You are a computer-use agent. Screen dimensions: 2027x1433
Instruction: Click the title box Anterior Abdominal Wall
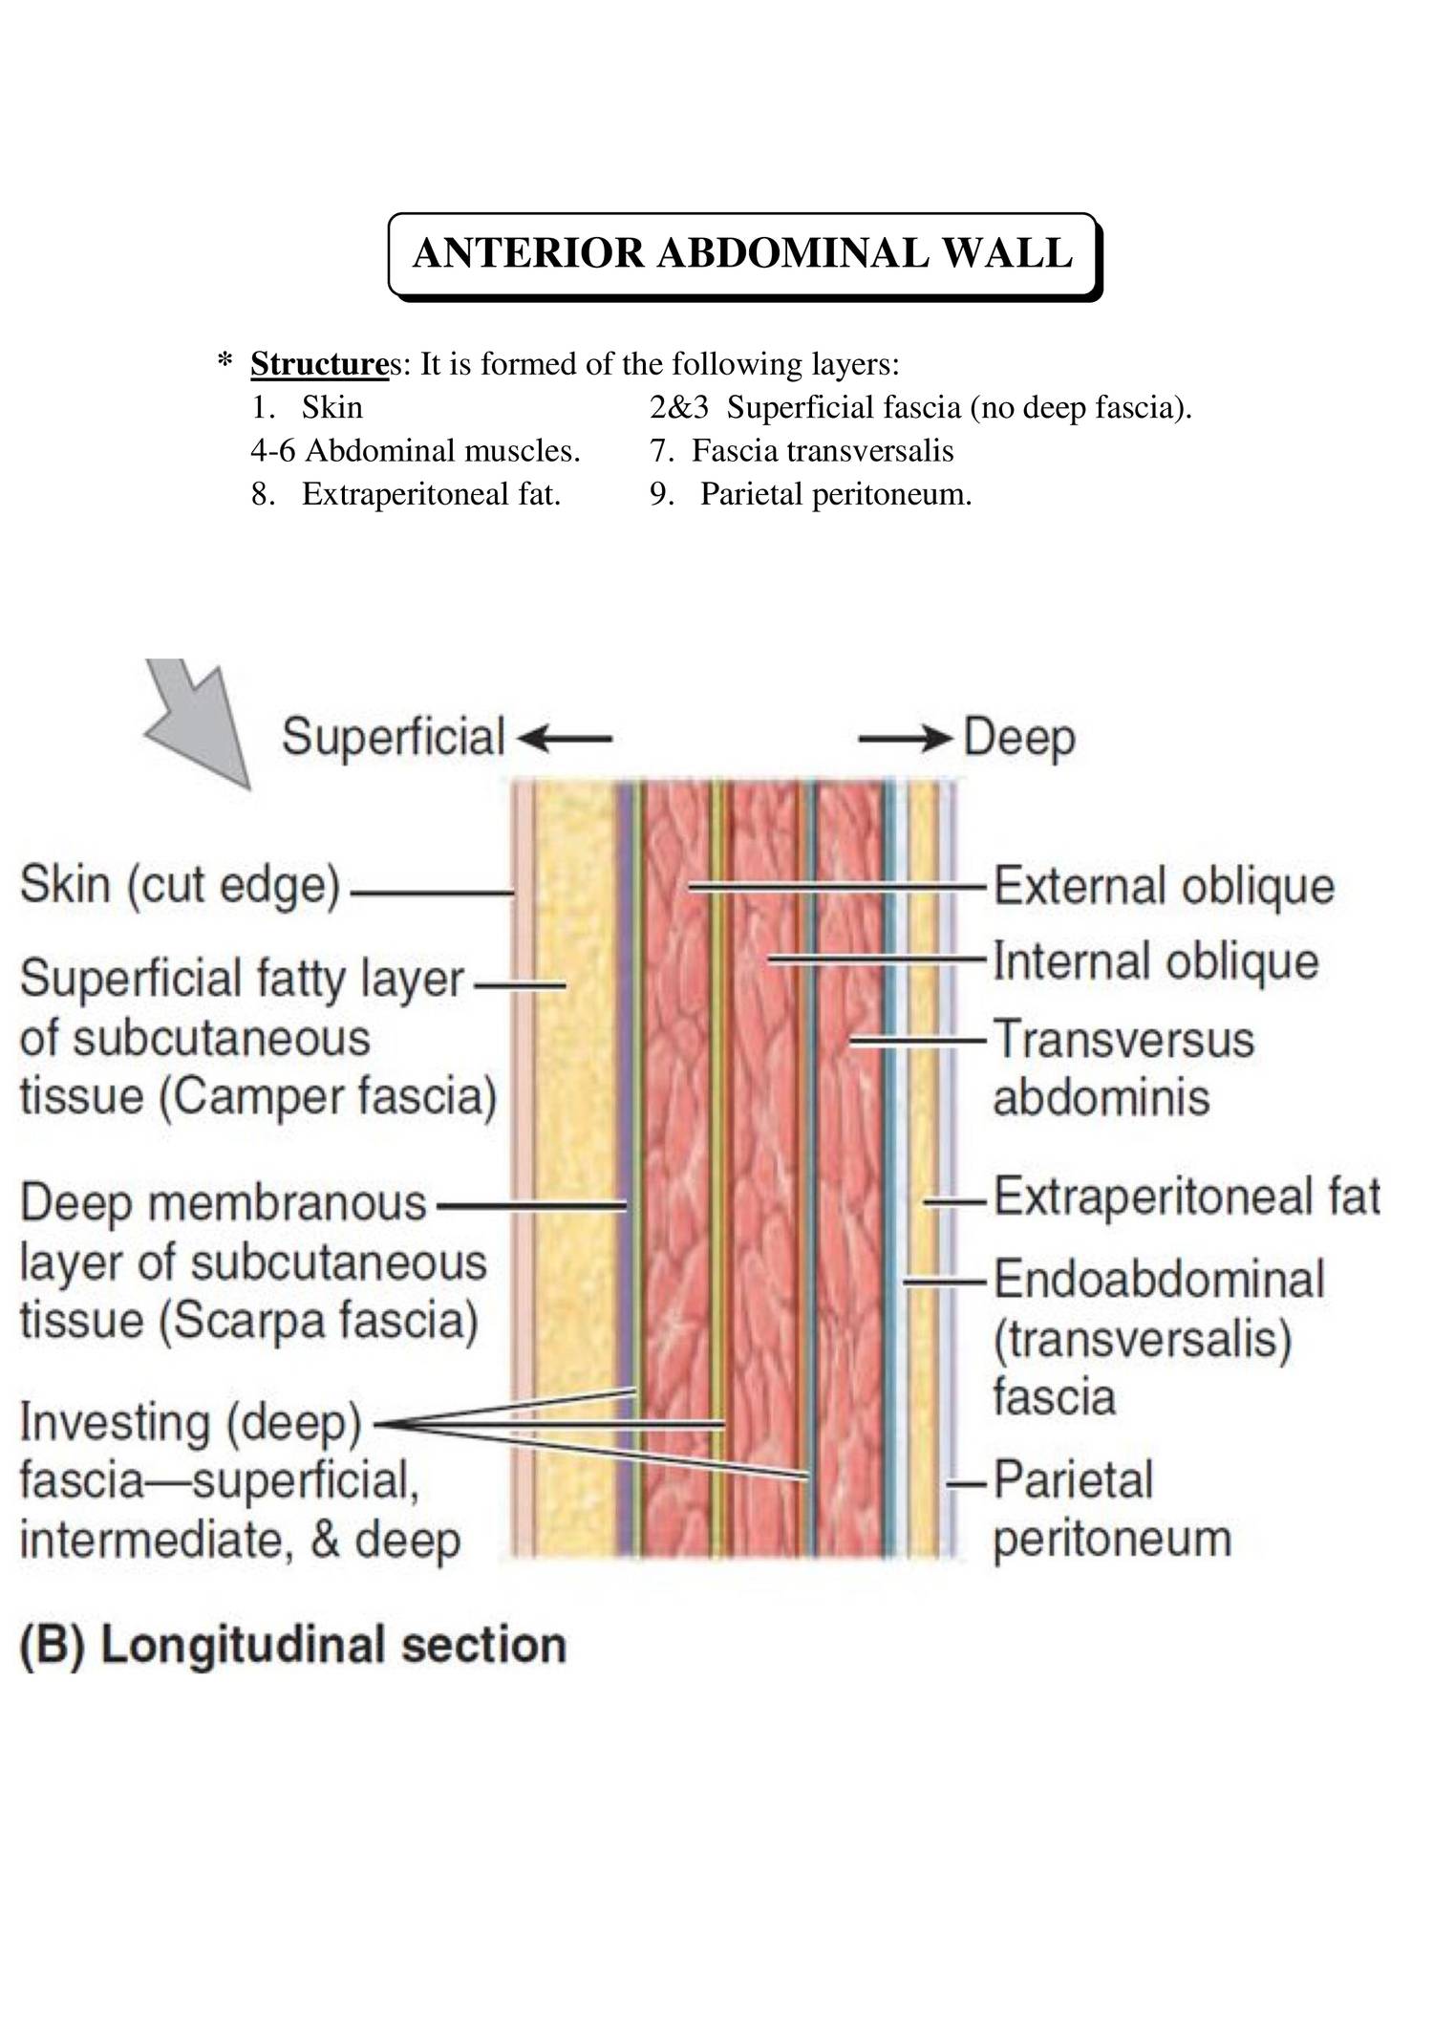pos(743,254)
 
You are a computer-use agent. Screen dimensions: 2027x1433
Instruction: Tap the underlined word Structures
pos(319,364)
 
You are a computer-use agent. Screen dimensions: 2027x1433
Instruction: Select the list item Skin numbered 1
pos(332,408)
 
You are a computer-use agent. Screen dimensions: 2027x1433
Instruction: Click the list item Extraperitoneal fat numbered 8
pos(430,494)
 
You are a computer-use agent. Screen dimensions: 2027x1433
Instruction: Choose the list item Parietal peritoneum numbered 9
pos(835,494)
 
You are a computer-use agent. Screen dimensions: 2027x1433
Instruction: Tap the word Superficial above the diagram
pos(393,738)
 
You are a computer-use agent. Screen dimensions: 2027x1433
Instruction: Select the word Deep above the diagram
pos(1019,738)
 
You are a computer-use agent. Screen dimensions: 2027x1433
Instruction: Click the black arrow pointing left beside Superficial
pos(564,738)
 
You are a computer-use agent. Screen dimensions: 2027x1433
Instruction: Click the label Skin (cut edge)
pos(180,885)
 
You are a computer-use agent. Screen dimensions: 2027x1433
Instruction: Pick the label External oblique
pos(1164,886)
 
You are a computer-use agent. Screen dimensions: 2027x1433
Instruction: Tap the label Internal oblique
pos(1156,961)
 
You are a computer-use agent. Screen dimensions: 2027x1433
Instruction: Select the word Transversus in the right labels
pos(1123,1039)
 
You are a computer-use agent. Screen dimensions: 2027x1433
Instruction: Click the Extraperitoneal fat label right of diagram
pos(1187,1197)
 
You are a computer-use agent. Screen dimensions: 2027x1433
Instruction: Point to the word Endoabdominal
pos(1159,1280)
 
